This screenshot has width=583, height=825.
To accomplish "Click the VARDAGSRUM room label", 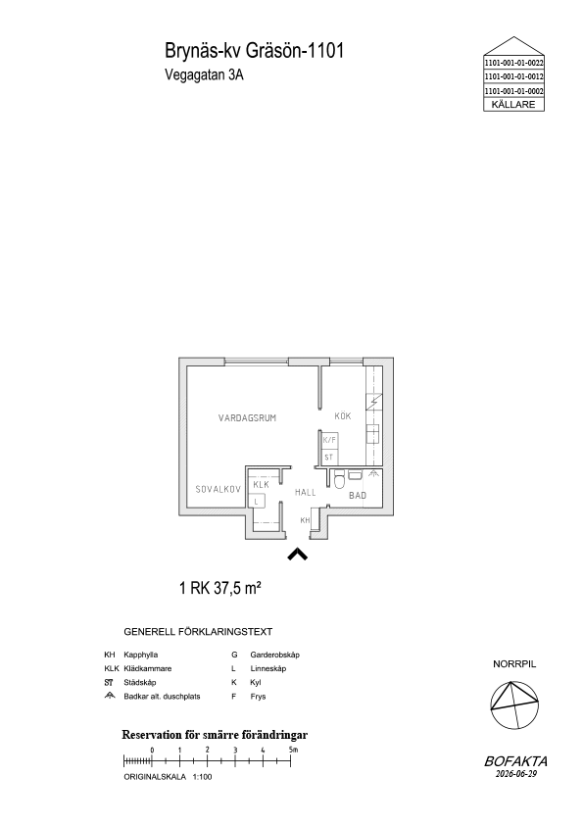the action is click(247, 418).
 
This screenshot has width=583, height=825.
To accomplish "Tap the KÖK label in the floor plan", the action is click(343, 416).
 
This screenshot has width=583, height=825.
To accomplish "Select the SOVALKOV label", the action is click(218, 489).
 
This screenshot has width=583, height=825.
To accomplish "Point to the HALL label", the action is click(305, 493).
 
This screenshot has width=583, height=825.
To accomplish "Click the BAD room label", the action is click(358, 495).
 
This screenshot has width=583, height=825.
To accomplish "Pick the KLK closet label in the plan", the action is click(261, 484).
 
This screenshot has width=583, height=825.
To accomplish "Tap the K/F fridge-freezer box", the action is click(329, 440).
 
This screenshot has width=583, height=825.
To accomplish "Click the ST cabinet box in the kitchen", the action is click(329, 457).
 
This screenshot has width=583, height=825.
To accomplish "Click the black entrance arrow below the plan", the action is click(297, 554).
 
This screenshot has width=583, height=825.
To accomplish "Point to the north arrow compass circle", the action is click(514, 705).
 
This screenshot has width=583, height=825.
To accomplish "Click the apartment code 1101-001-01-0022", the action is click(514, 62).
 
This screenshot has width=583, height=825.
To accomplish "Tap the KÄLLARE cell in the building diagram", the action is click(513, 104).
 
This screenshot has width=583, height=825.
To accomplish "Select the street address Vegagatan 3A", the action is click(204, 74).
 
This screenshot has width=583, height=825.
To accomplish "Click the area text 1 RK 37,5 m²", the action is click(220, 588).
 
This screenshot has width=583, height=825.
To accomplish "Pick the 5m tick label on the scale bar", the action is click(294, 750).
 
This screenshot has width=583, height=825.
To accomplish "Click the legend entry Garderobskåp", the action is click(274, 655).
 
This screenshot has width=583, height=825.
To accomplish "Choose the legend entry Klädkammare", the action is click(148, 669).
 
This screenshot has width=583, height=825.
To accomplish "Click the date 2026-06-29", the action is click(515, 773).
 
